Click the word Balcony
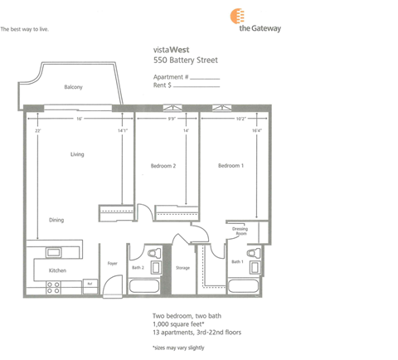(x=74, y=87)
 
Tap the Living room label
(x=77, y=154)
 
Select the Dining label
(x=56, y=219)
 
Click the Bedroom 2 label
(x=163, y=166)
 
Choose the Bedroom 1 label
(x=231, y=166)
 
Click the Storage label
(x=182, y=267)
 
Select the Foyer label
(x=112, y=264)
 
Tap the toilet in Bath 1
(x=256, y=253)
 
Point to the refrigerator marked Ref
(x=89, y=284)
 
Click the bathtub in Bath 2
(x=147, y=287)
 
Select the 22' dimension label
(x=38, y=130)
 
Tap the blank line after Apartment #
(x=206, y=76)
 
